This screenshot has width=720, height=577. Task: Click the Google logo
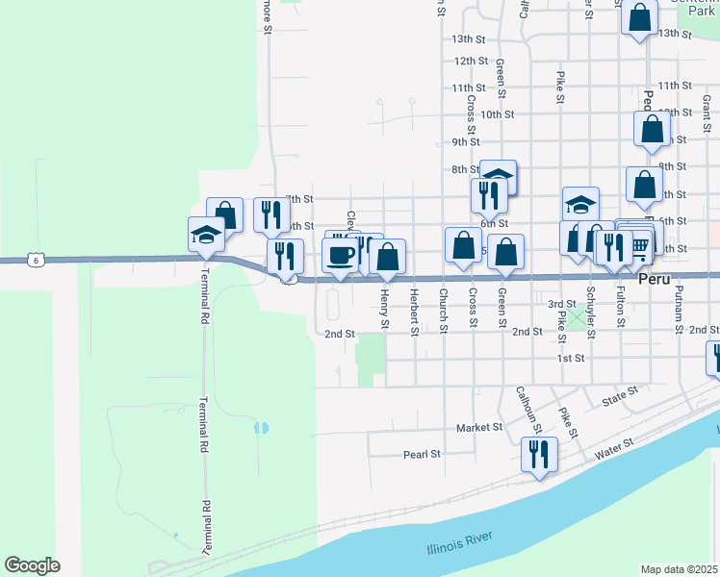point(32,565)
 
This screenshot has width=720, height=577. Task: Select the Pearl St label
point(422,454)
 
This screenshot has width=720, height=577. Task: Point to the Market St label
point(479,427)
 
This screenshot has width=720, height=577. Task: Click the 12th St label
point(471,61)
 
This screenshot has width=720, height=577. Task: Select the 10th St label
point(497,114)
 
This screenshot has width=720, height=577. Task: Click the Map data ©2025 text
point(679,569)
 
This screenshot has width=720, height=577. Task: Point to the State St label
point(620,393)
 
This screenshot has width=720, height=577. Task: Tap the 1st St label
point(571,359)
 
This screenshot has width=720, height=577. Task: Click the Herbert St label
point(415,313)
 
